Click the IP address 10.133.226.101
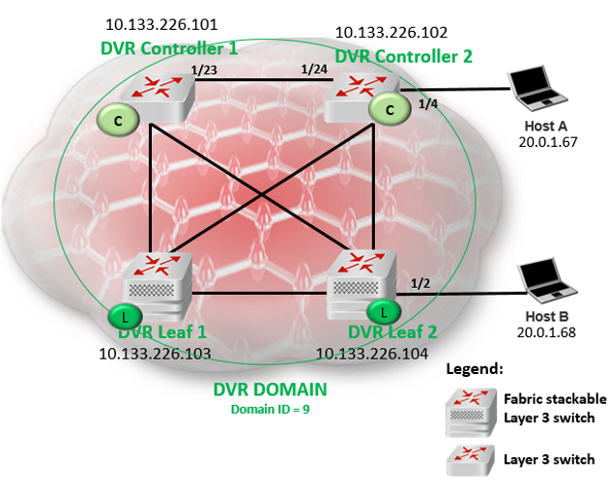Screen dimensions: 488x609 click(x=161, y=24)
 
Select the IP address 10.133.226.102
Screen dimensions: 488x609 click(x=391, y=33)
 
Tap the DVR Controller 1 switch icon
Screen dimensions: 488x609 click(x=162, y=94)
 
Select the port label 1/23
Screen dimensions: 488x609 click(x=205, y=71)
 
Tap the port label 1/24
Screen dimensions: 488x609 click(x=314, y=70)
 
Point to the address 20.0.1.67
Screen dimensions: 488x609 click(x=548, y=143)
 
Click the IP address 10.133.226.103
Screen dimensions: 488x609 click(x=155, y=354)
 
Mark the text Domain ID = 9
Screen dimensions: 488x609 click(x=270, y=409)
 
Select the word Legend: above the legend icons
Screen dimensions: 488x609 click(x=477, y=369)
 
